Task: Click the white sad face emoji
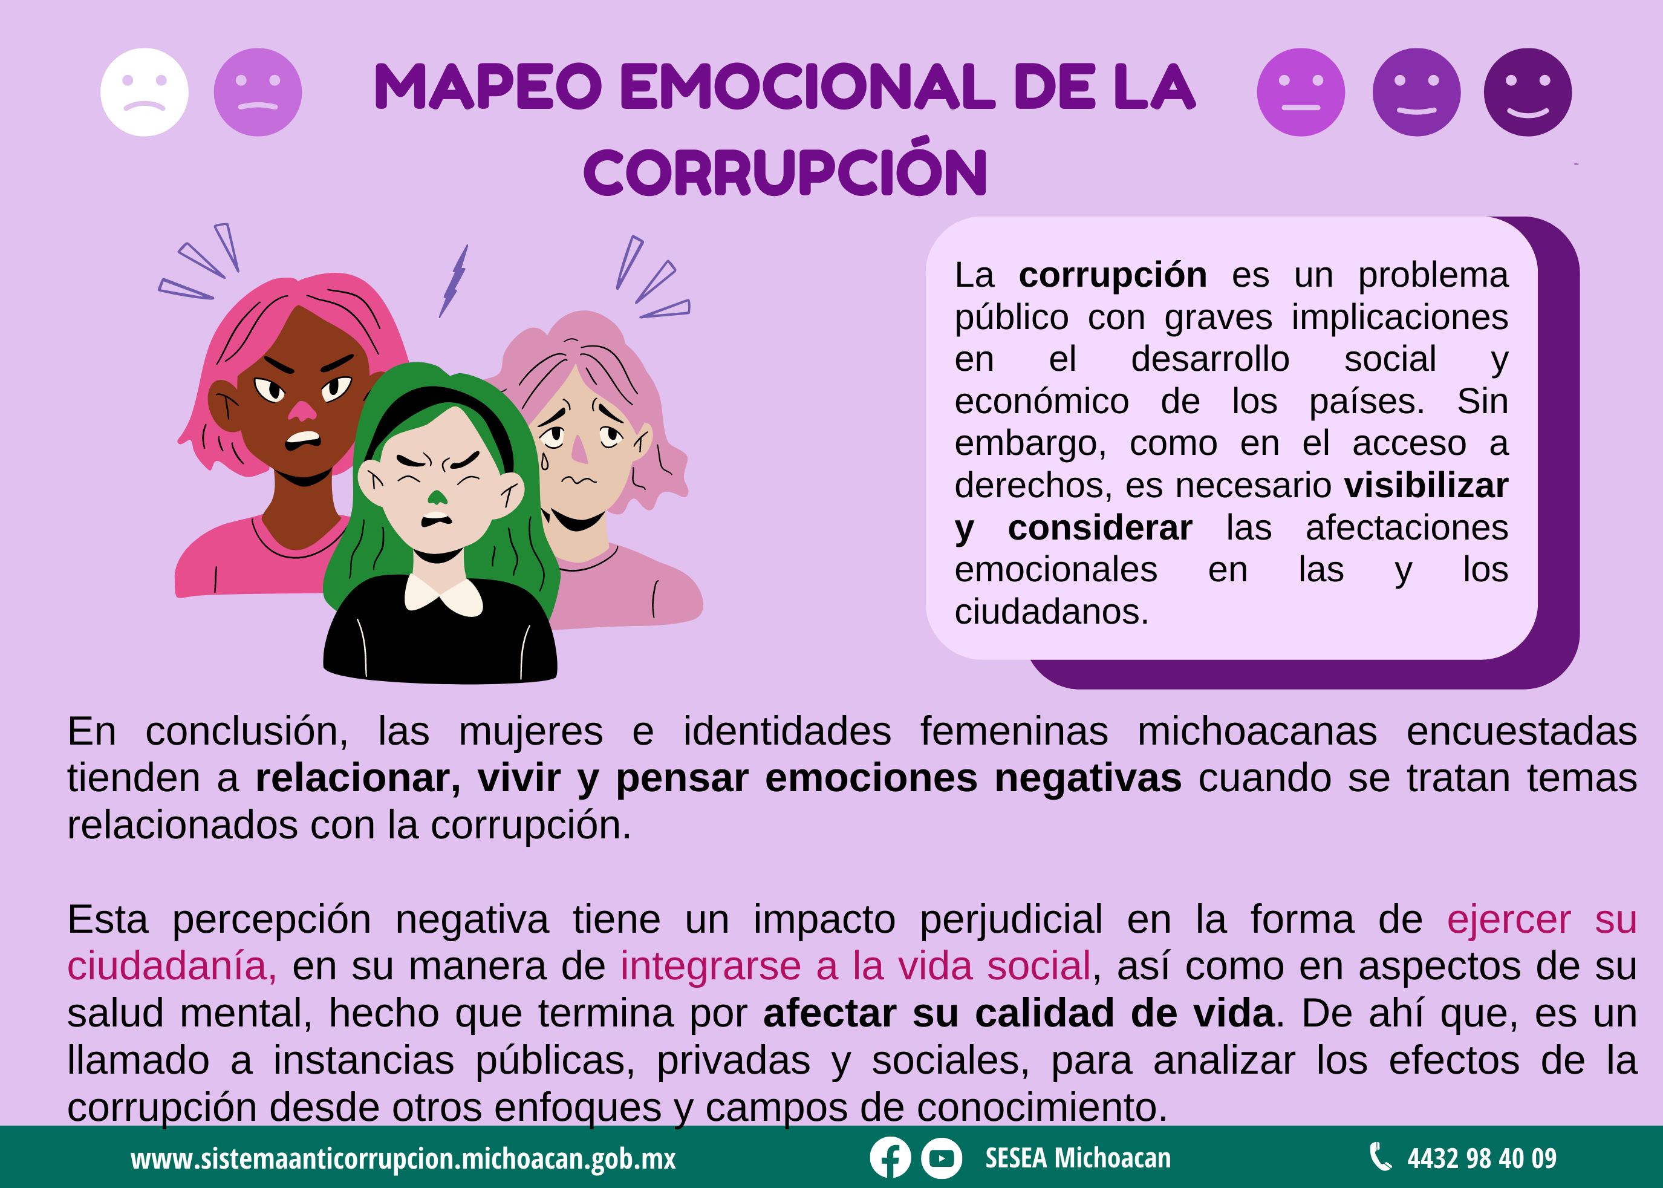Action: click(144, 92)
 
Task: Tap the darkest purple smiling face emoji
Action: click(1528, 92)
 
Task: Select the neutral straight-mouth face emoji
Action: click(1301, 92)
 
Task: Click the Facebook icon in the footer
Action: click(890, 1158)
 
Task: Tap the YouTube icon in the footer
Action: click(941, 1158)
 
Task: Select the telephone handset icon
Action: click(1380, 1157)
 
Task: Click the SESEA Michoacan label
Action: click(1078, 1158)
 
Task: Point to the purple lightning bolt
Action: click(454, 281)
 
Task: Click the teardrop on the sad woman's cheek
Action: click(544, 462)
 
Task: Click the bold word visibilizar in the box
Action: click(1426, 486)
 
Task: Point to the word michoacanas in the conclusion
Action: click(1257, 731)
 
